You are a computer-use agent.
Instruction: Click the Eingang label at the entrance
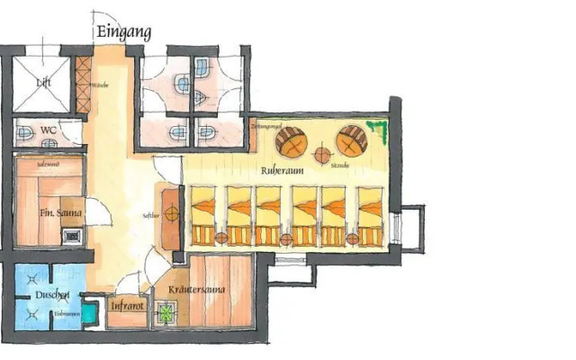pyautogui.click(x=123, y=32)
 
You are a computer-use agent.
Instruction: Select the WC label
pyautogui.click(x=48, y=130)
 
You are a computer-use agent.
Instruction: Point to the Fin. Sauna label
pyautogui.click(x=61, y=213)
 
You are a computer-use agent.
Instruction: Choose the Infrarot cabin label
pyautogui.click(x=126, y=306)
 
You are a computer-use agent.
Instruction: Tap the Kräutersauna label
pyautogui.click(x=196, y=290)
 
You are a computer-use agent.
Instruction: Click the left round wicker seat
pyautogui.click(x=292, y=140)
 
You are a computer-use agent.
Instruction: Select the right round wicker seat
pyautogui.click(x=352, y=139)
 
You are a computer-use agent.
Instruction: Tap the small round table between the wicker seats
pyautogui.click(x=322, y=149)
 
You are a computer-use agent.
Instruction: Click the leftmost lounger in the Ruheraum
pyautogui.click(x=204, y=217)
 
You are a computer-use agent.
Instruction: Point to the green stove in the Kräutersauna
pyautogui.click(x=167, y=314)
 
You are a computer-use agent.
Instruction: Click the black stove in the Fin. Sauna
pyautogui.click(x=72, y=237)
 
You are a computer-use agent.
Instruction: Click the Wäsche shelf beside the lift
pyautogui.click(x=85, y=85)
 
